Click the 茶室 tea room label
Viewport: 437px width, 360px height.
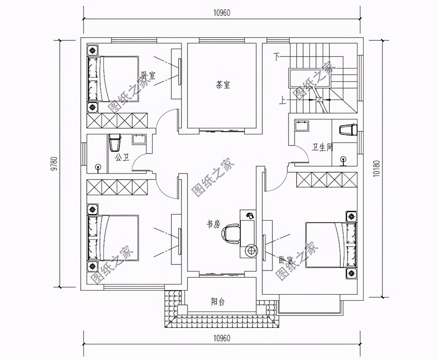pos(223,85)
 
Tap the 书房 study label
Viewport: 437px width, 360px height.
pos(213,224)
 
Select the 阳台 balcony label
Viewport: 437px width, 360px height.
pos(217,302)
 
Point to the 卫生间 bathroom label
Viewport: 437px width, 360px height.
pos(322,147)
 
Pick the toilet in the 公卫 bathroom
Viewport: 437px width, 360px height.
pos(115,143)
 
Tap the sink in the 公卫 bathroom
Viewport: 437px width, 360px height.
pos(138,139)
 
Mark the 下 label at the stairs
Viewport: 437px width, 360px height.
pos(277,57)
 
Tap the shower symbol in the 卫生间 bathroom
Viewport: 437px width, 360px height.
pos(343,160)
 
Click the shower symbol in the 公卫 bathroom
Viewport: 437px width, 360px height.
pos(98,167)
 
